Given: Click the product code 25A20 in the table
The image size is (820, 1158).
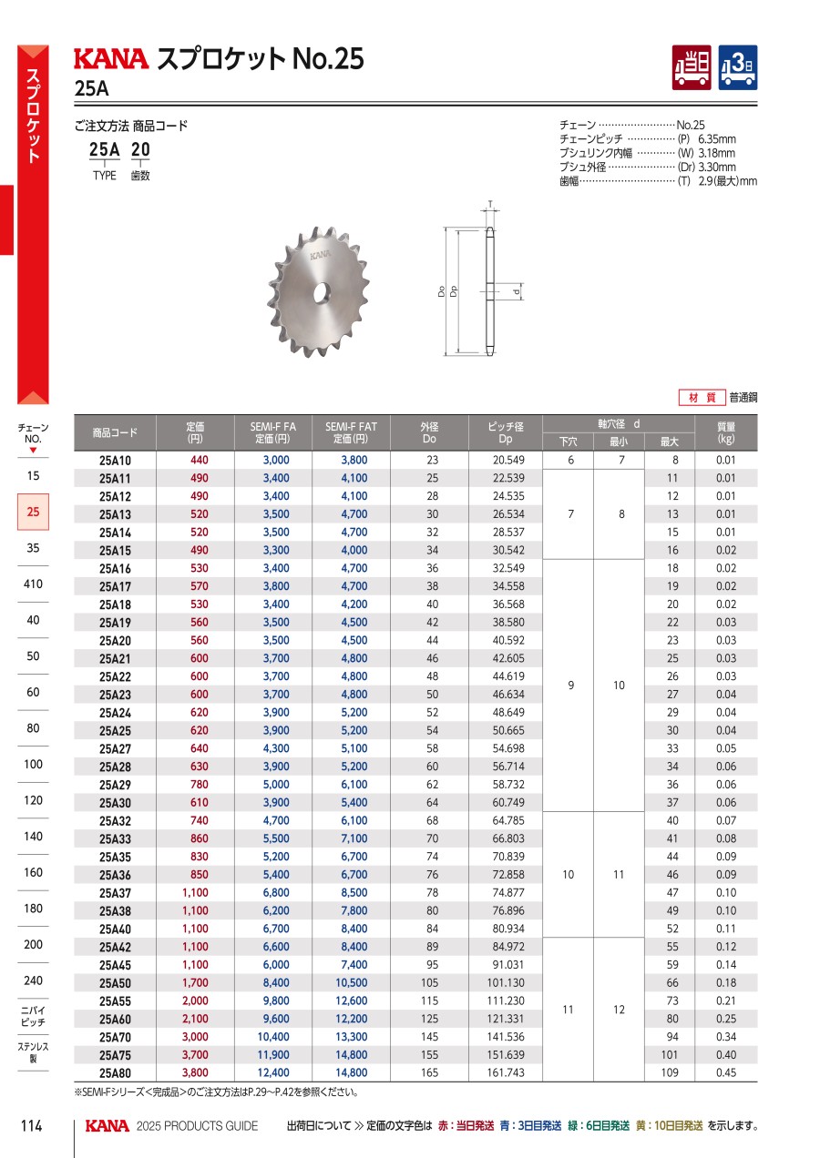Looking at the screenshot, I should [x=115, y=640].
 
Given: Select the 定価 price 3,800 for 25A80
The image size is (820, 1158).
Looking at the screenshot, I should [x=195, y=1072].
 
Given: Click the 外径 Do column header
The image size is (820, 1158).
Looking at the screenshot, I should [x=429, y=432].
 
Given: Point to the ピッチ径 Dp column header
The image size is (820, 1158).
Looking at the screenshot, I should [x=507, y=432].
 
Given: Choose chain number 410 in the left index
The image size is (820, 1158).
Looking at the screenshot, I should [x=33, y=584].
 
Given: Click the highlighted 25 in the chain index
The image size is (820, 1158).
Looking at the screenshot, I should [x=33, y=513].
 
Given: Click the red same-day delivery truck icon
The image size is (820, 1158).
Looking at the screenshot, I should [x=692, y=67].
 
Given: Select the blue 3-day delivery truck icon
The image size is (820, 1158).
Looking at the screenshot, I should [x=738, y=67].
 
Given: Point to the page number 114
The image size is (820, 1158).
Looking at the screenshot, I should [x=32, y=1126].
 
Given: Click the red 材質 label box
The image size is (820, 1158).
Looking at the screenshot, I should [x=702, y=398].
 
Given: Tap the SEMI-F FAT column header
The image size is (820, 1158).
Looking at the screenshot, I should [x=351, y=432].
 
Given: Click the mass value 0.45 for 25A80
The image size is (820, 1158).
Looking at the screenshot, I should [x=725, y=1072].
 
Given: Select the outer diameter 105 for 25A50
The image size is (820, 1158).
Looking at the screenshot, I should [x=429, y=982].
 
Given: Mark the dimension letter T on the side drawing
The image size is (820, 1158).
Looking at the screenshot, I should [x=488, y=204].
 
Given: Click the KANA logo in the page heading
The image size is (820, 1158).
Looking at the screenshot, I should [x=109, y=59].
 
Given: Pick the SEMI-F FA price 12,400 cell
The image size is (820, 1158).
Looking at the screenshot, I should [x=274, y=1072].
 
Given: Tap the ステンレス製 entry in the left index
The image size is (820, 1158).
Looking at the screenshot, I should [x=33, y=1052].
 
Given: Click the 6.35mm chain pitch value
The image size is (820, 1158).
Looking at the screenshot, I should [x=716, y=139].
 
